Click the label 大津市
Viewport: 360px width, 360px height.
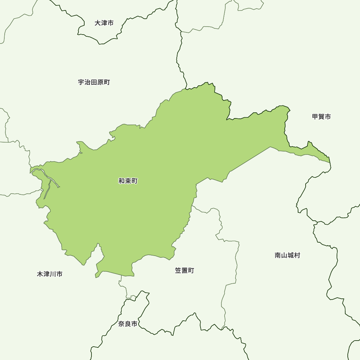[104, 23]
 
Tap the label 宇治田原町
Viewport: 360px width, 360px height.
[94, 82]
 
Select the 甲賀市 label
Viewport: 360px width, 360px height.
[321, 117]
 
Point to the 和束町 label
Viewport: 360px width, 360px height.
[128, 181]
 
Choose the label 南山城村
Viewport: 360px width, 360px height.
[287, 255]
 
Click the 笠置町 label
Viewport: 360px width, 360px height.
[184, 270]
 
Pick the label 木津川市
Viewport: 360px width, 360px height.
[50, 274]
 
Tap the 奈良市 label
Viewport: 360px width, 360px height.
[128, 324]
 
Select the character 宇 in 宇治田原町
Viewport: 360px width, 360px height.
[81, 82]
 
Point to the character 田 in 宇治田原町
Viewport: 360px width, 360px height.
[94, 82]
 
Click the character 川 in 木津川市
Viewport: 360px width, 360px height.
[53, 274]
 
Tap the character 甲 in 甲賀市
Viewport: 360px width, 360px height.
[315, 117]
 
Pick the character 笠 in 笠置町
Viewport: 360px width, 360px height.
[178, 270]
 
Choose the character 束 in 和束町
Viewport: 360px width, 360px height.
[128, 181]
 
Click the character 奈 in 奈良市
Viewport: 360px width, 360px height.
[122, 324]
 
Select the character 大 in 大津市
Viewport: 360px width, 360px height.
[98, 23]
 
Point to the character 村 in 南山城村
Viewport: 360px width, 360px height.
[297, 255]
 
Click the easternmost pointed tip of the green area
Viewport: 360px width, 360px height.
[330, 162]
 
